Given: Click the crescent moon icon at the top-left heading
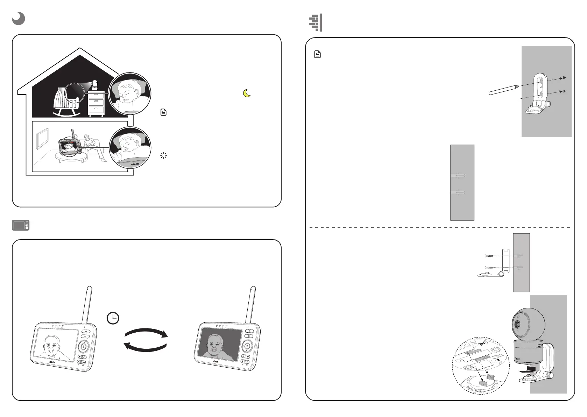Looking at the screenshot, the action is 18,19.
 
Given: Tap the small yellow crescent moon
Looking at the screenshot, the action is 247,93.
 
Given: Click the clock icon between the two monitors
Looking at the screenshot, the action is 113,318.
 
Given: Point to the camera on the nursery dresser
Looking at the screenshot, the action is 95,85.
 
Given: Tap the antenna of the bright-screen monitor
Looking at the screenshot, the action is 88,305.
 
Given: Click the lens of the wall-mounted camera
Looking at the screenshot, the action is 517,325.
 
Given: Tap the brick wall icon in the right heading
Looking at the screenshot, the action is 315,23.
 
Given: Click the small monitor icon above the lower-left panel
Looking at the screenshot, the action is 21,225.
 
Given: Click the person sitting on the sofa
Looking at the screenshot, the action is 93,147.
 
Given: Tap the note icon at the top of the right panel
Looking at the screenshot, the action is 317,55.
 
